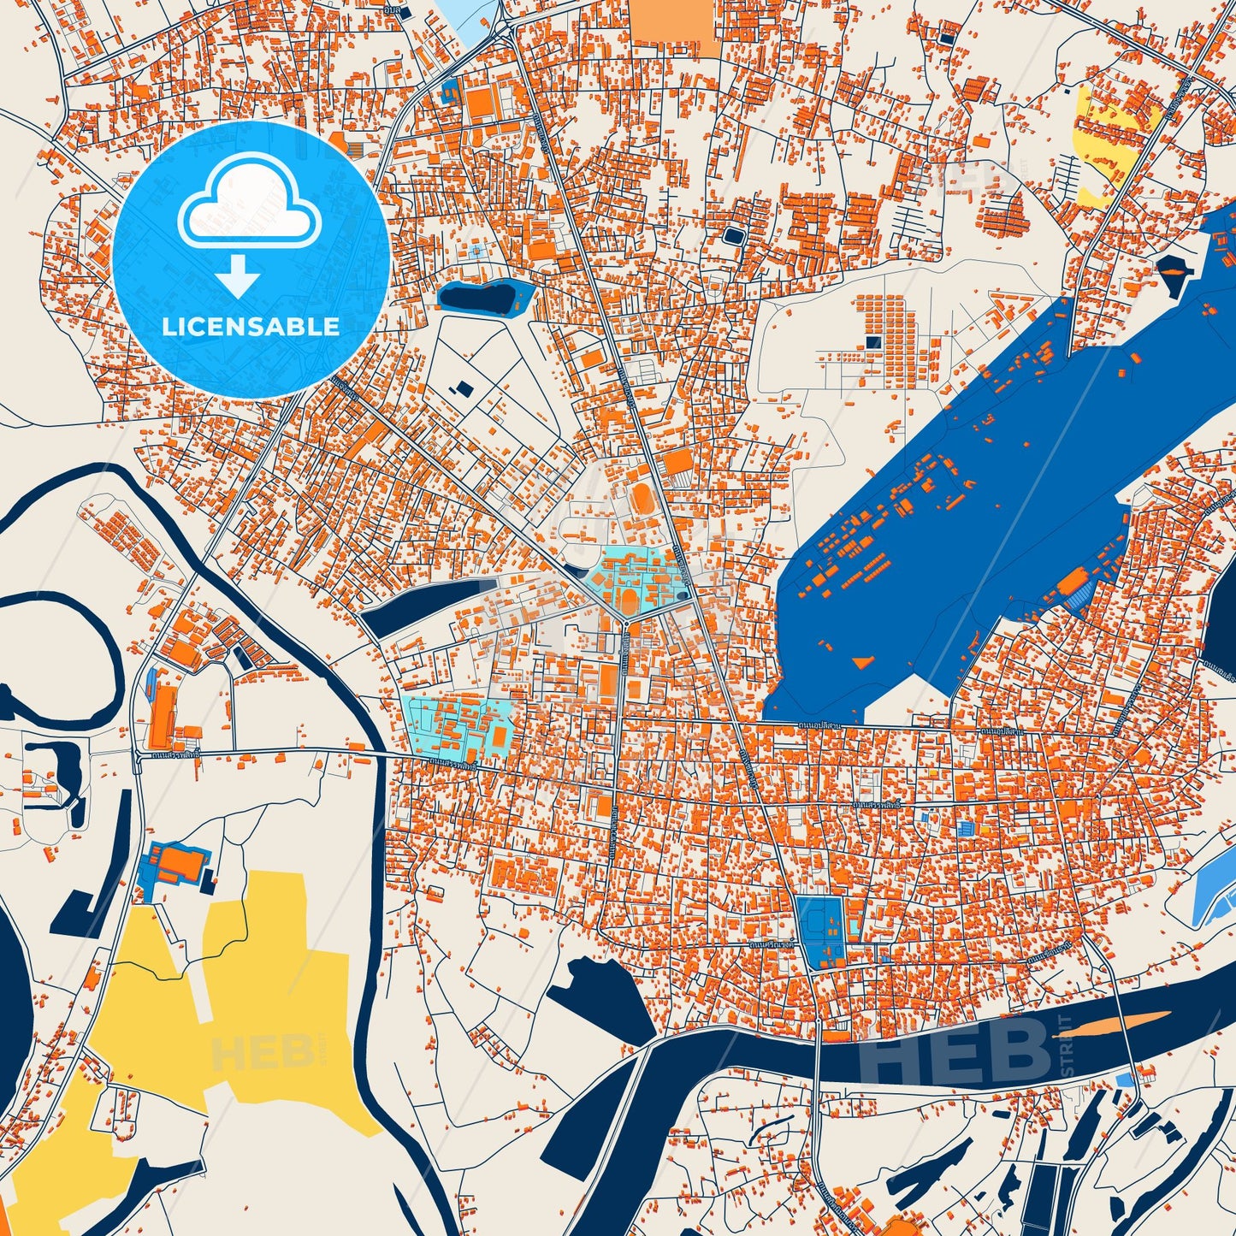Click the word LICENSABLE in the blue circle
[x=251, y=327]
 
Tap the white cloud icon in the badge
[x=249, y=204]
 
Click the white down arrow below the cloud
[x=239, y=275]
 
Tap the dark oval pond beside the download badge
[x=476, y=297]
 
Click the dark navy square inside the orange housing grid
[x=872, y=342]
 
